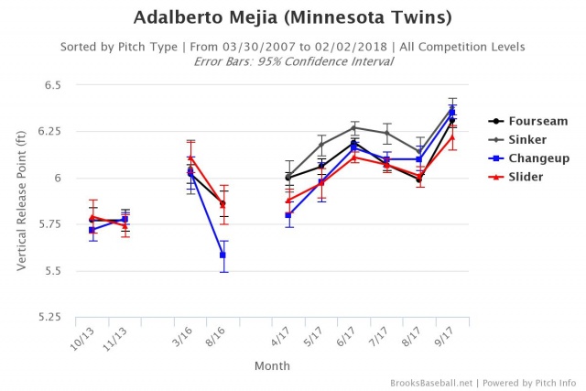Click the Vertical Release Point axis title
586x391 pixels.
click(x=19, y=201)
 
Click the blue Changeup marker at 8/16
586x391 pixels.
click(x=222, y=255)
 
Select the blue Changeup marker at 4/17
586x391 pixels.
click(x=288, y=215)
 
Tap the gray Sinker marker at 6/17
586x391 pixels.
click(x=353, y=128)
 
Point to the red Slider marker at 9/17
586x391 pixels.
click(x=451, y=137)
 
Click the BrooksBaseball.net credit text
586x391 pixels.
click(x=429, y=382)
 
